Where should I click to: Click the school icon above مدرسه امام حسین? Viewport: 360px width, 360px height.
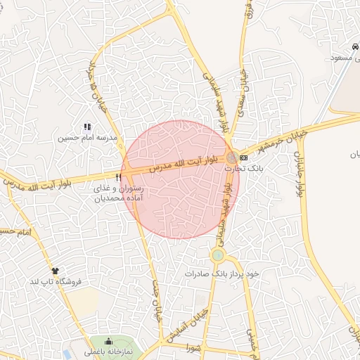click(87, 127)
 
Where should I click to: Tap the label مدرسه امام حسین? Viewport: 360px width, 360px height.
click(84, 139)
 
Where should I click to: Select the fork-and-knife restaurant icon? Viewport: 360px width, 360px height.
click(117, 177)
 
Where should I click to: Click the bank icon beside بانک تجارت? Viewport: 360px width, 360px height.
click(243, 157)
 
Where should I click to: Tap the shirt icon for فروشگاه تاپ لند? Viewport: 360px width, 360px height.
click(55, 270)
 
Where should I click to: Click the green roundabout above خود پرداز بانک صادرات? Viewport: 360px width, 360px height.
click(218, 255)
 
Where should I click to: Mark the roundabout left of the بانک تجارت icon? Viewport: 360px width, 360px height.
click(231, 157)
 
